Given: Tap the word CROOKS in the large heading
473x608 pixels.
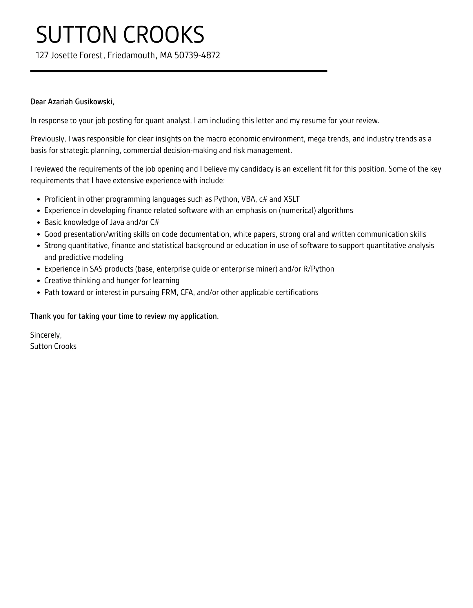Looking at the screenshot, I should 164,35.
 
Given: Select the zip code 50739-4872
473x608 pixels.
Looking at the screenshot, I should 197,55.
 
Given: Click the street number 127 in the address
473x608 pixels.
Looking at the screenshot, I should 42,55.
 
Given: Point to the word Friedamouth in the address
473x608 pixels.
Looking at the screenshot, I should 131,55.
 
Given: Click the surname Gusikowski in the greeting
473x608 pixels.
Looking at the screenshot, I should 94,102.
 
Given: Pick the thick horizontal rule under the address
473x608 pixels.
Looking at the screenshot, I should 179,71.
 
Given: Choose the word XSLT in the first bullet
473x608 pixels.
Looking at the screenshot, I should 291,199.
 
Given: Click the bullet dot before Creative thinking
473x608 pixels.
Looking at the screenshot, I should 39,281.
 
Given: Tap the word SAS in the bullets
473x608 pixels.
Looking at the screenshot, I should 96,269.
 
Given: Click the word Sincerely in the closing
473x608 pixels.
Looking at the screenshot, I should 46,335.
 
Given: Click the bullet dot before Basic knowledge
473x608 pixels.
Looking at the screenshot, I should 39,223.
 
